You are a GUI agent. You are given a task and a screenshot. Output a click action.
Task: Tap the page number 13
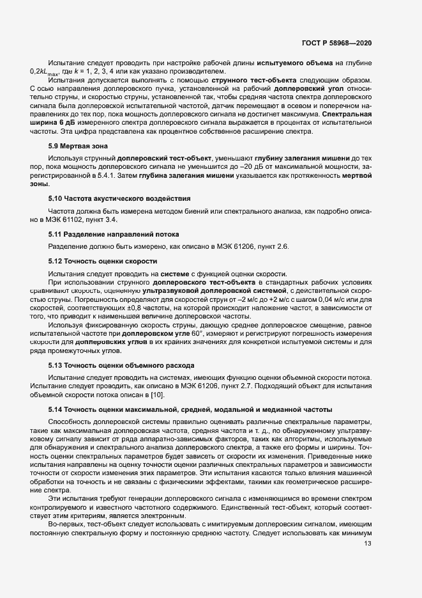367,580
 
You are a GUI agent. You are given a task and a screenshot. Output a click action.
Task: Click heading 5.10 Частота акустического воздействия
119,199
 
